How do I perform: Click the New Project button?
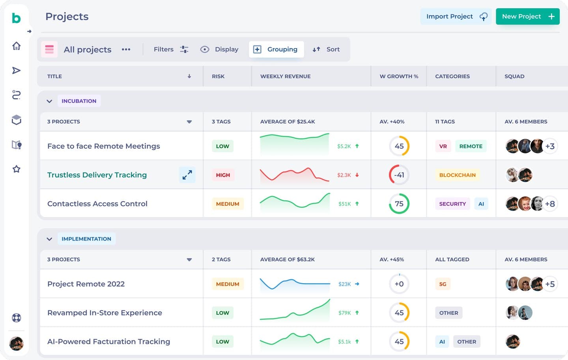527,17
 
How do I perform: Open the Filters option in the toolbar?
171,49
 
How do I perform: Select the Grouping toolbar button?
276,49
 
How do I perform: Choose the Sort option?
326,49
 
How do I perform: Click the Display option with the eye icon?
219,49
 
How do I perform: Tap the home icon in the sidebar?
17,46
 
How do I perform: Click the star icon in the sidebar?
17,169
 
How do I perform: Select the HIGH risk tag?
223,175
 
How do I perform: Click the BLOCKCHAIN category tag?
457,175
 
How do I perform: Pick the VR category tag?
443,146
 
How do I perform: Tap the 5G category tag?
443,284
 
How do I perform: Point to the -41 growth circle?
399,175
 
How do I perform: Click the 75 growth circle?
399,204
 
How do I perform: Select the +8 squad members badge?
550,204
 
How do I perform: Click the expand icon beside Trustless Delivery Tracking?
187,175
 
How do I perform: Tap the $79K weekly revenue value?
344,313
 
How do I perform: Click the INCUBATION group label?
79,101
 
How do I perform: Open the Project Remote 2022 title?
86,284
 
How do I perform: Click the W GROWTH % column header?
399,76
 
